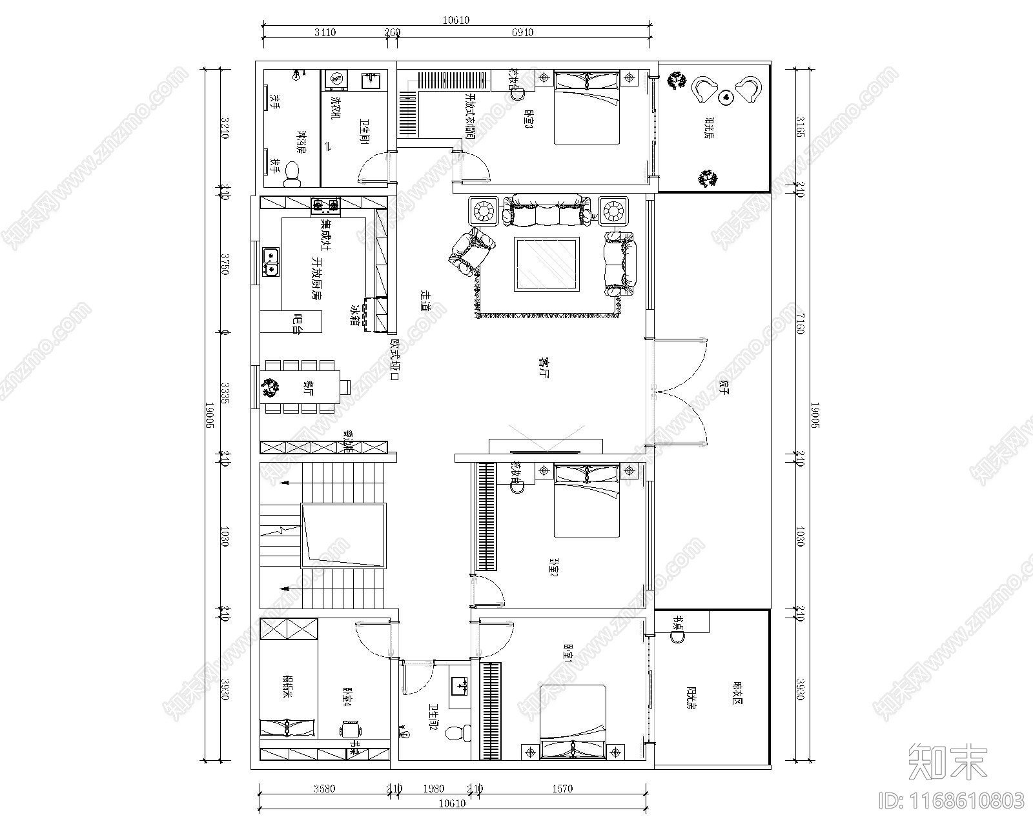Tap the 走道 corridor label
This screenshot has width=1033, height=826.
pyautogui.click(x=425, y=301)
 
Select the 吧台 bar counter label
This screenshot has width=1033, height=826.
pyautogui.click(x=297, y=322)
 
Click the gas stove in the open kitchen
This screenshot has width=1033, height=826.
pyautogui.click(x=325, y=206)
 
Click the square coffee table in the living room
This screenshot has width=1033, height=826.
pyautogui.click(x=546, y=264)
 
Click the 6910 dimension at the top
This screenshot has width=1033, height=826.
pyautogui.click(x=522, y=32)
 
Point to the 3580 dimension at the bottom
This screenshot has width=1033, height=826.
pyautogui.click(x=324, y=788)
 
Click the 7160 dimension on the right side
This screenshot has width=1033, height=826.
pyautogui.click(x=800, y=323)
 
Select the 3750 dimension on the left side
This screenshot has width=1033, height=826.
pyautogui.click(x=225, y=264)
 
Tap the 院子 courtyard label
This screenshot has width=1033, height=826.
pyautogui.click(x=722, y=387)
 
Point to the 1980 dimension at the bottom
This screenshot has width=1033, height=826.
pyautogui.click(x=433, y=788)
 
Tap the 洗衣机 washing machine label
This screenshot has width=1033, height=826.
pyautogui.click(x=335, y=108)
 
